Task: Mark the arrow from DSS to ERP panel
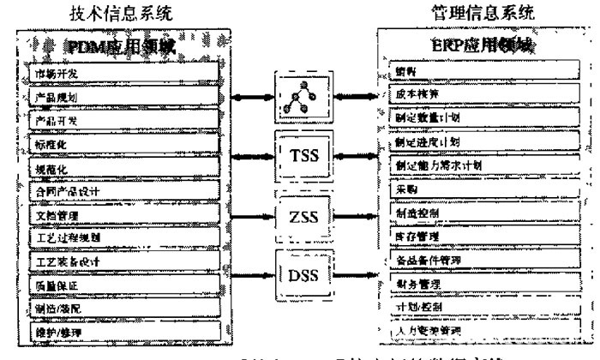351,276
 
